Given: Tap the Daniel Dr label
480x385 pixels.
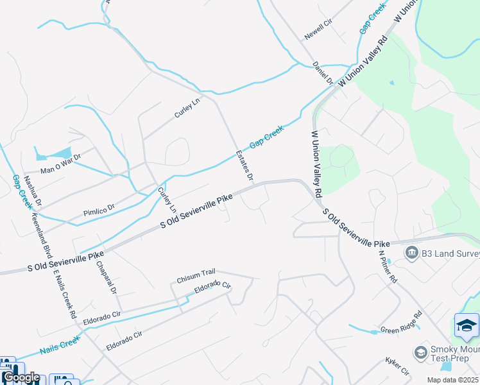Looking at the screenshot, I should (323, 73).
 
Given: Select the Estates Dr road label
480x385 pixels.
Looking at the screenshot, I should (245, 165).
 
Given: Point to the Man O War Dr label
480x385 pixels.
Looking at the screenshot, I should (61, 164).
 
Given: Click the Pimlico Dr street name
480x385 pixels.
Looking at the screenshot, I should (98, 209).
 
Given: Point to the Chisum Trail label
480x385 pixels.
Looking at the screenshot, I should (196, 277).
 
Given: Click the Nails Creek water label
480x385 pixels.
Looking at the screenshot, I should (59, 346).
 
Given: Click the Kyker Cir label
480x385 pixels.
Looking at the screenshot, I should (397, 368).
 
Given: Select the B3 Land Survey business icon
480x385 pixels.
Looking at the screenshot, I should (411, 253).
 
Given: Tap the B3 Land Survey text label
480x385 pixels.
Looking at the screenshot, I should (450, 253).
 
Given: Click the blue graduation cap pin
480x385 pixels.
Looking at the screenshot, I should (467, 325).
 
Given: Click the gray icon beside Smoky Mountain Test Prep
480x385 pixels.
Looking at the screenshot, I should (420, 352).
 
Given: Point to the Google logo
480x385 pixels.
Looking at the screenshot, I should (21, 377).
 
